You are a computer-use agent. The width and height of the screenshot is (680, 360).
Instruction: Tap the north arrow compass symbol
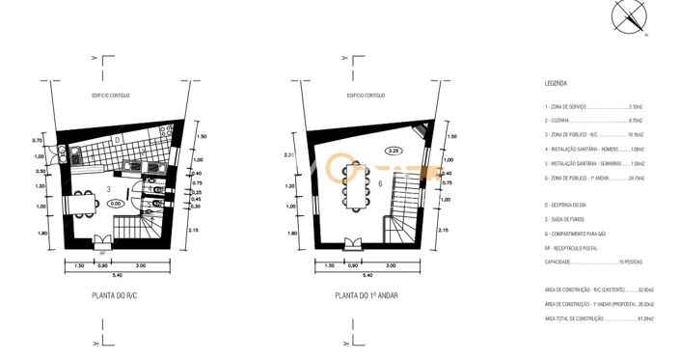coord(633,16)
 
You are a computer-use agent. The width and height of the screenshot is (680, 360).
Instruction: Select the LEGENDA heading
coord(556,84)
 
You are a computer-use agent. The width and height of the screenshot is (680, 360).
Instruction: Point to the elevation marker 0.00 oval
coord(115,204)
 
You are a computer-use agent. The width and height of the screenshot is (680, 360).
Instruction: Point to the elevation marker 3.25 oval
coord(394,152)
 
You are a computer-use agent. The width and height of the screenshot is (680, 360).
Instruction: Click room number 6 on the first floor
coord(381,183)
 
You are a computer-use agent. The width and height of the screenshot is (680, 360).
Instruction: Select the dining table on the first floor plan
coord(353,185)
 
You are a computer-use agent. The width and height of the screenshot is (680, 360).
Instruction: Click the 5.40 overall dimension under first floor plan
coord(367,275)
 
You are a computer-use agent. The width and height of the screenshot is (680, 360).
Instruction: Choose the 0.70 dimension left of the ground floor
coord(38,142)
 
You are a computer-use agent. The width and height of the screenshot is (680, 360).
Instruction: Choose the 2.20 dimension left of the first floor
coord(288,154)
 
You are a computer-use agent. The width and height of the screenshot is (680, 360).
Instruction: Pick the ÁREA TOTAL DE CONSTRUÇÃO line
coord(599,318)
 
